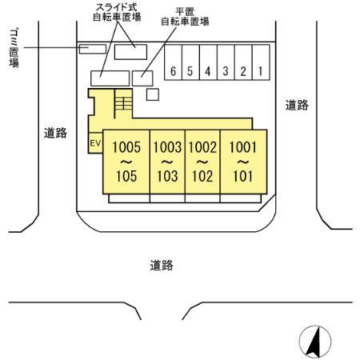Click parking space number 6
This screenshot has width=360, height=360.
pos(173,71)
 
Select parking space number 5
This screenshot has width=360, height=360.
pos(190,71)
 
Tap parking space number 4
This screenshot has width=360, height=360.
pos(208,71)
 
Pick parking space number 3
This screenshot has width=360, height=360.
pos(226,71)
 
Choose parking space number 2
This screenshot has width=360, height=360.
pos(243,71)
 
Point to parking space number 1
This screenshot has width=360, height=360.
pos(260,71)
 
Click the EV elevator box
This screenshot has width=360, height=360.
pos(95,143)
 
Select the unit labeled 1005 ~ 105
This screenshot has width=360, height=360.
pos(126,162)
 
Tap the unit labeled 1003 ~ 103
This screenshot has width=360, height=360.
pos(167,162)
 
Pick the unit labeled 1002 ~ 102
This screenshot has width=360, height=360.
pos(202,162)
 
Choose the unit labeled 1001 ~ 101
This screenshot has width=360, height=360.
pos(242,162)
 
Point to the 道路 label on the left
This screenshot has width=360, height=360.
pos(55,134)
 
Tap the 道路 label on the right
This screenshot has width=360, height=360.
pos(297,105)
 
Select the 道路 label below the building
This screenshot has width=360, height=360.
pos(162,265)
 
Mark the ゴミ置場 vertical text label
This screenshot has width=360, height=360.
pos(14,49)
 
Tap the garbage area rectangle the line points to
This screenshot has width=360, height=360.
pos(93,49)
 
